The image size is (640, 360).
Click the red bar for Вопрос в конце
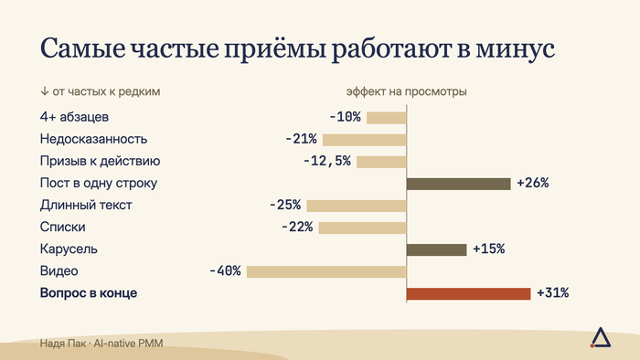point(468,293)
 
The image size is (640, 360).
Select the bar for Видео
point(326,271)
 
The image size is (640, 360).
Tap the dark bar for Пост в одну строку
point(459,184)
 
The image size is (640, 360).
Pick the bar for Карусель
point(437,250)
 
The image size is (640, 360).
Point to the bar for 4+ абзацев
point(387,118)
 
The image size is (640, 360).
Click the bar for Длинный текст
point(357,206)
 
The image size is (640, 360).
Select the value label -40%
point(225,270)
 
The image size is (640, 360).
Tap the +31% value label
point(552,292)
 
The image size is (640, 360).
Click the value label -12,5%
point(327,161)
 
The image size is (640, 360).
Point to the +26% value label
point(533,183)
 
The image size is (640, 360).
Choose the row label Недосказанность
point(93,139)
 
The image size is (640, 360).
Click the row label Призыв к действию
point(100,161)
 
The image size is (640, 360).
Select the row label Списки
point(62,227)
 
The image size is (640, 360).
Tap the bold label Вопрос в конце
point(89,292)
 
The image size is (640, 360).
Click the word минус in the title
point(515,49)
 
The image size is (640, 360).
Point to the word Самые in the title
point(83,48)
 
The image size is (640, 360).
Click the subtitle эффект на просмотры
point(407,91)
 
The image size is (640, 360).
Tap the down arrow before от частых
point(45,91)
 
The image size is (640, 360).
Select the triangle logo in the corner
point(601,337)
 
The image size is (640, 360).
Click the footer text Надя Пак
point(63,344)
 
